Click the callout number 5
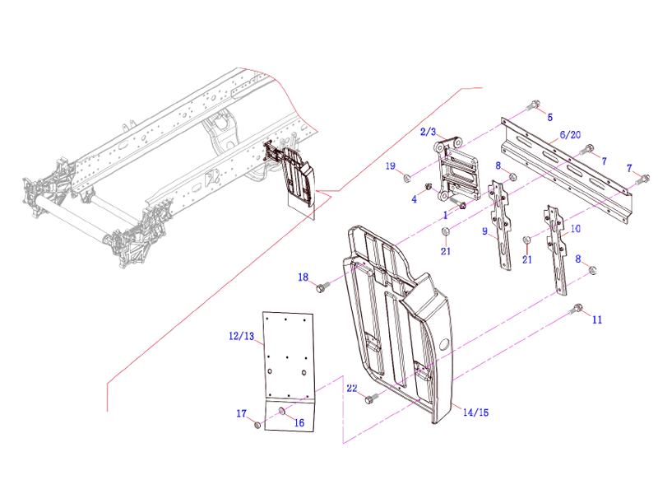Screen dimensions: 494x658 click(549, 117)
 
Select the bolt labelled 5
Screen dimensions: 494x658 click(533, 105)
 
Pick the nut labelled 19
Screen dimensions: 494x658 click(407, 177)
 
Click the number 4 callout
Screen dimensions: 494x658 click(415, 199)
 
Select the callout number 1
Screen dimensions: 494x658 click(445, 214)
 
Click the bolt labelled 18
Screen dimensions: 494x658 click(321, 288)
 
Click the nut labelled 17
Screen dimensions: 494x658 click(257, 424)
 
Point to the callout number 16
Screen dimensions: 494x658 click(299, 422)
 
